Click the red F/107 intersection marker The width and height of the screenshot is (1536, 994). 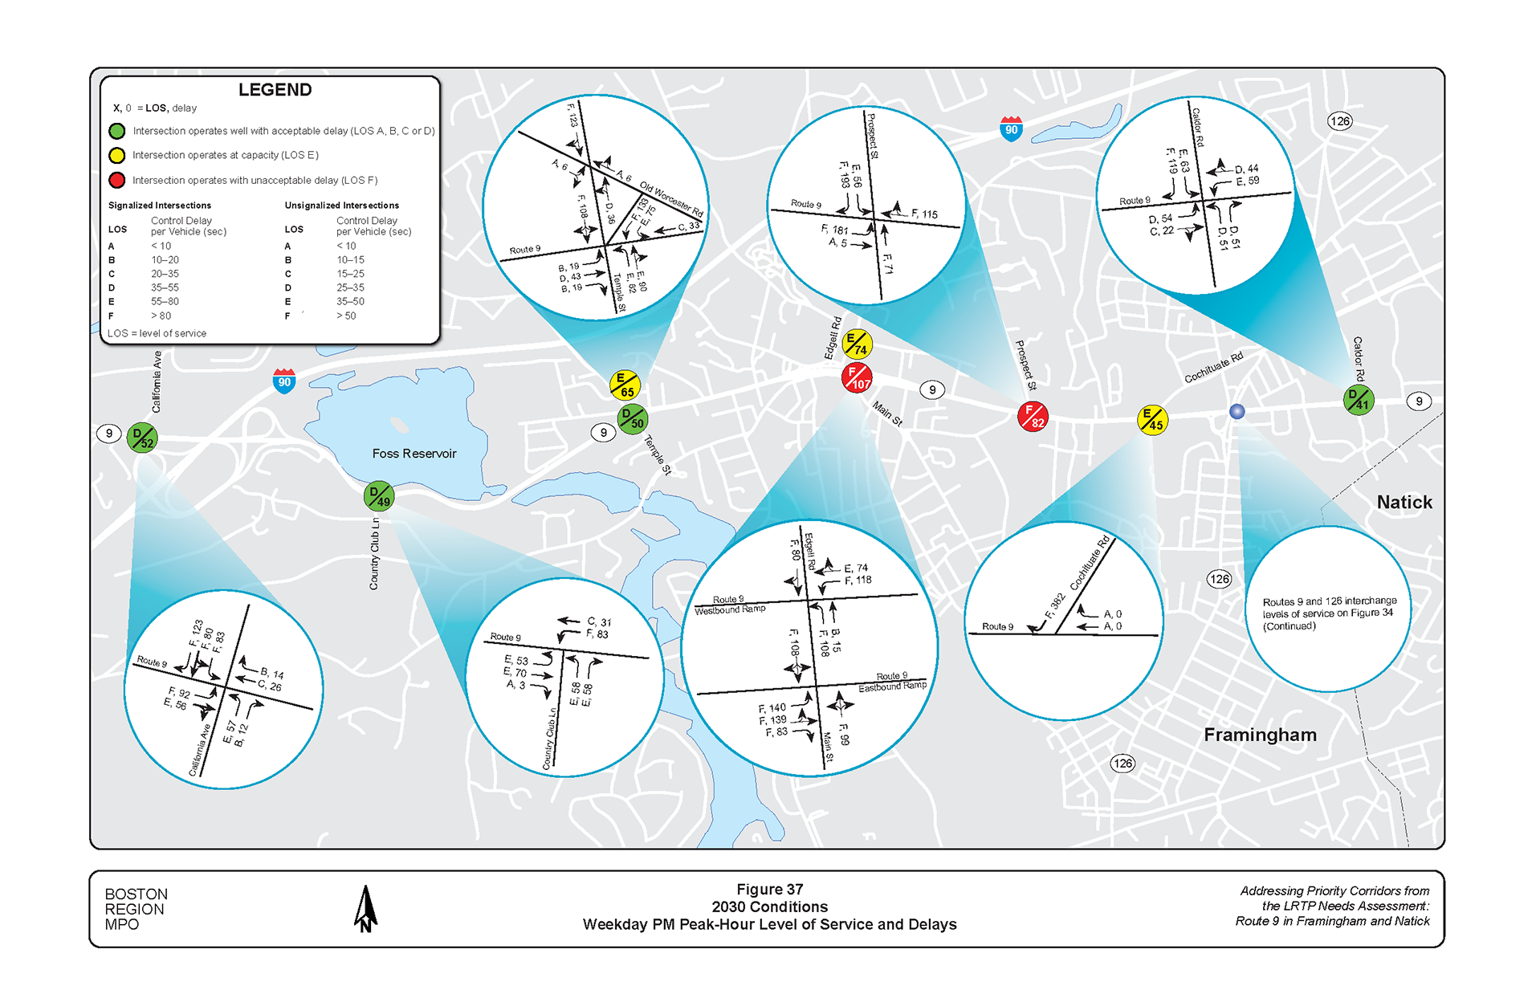coord(857,377)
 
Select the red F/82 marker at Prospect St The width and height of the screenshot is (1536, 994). coord(1033,417)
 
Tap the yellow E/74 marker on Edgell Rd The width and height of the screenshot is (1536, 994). coord(857,344)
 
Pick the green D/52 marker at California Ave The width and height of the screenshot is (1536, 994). coord(142,438)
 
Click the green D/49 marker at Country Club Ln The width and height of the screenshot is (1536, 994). coord(378,496)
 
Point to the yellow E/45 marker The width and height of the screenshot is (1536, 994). coord(1152,419)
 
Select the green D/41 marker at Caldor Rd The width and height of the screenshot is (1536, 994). coord(1359,399)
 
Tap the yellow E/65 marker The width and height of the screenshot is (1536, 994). coord(624,385)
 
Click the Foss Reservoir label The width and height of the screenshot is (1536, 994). coord(414,454)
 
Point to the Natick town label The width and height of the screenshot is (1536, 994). coord(1404,503)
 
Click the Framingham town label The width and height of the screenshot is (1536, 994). coord(1259,735)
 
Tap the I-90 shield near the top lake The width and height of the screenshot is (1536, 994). coord(1011,129)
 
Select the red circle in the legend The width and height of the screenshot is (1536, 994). coord(117,180)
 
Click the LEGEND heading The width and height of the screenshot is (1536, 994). coord(275,90)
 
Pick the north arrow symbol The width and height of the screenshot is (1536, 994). coord(365,909)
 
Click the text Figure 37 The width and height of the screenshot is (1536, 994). coord(769,889)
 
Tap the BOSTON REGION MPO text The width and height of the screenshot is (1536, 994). coord(136,909)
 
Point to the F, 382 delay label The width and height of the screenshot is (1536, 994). coord(1054,606)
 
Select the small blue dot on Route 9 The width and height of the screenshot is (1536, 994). coord(1237,411)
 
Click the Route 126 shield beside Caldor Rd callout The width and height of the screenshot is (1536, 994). coord(1339,121)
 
